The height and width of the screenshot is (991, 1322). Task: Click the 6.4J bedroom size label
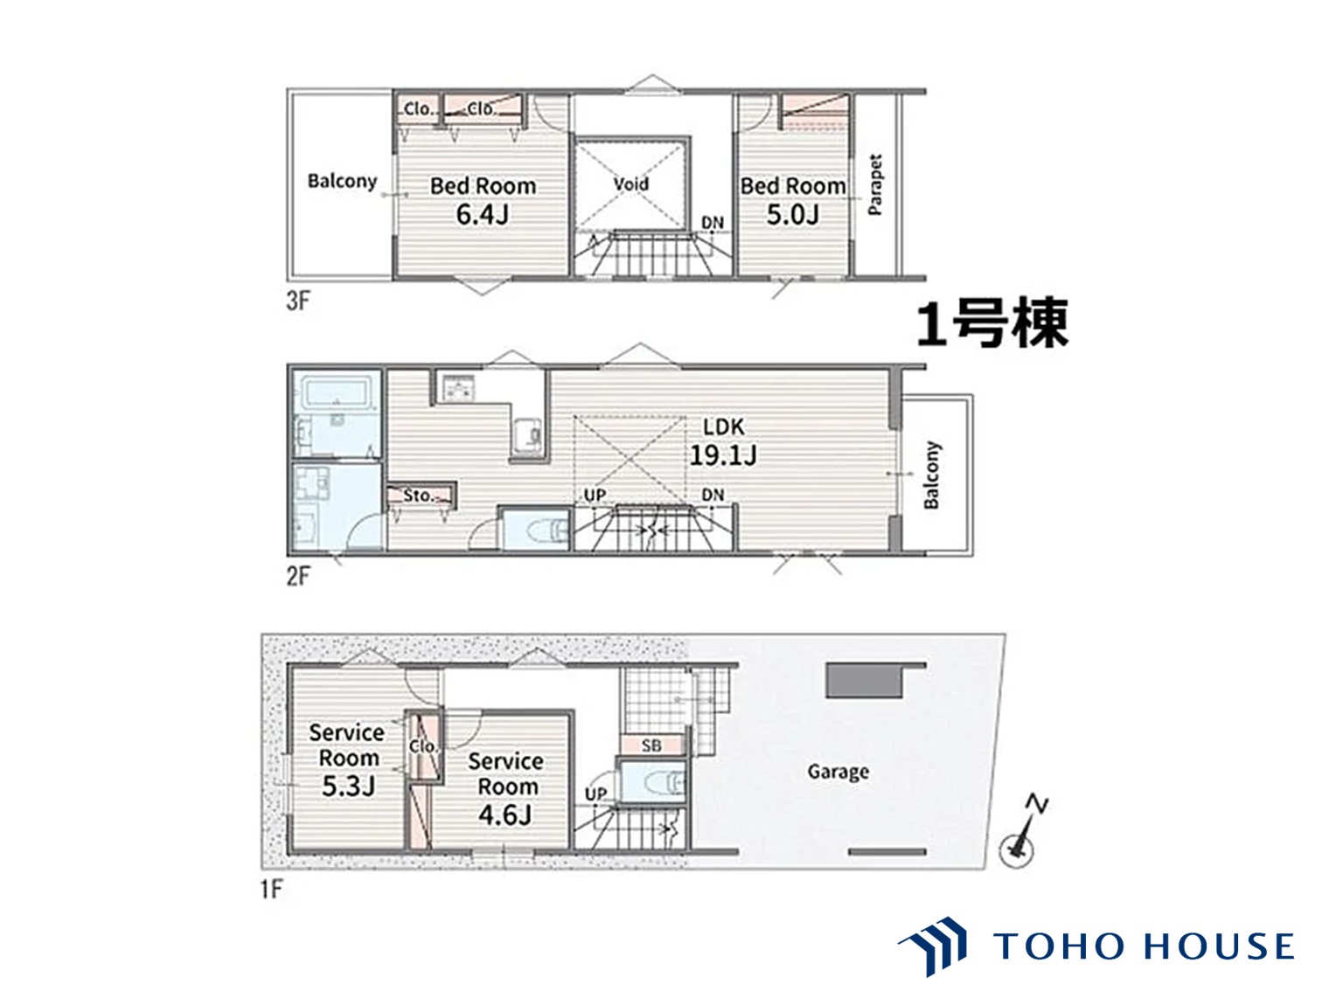(482, 214)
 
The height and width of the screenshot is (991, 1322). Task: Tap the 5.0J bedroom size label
(792, 214)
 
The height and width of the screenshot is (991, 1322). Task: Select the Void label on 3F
(630, 184)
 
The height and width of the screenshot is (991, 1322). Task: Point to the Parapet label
(875, 185)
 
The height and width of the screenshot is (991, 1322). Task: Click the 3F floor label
(298, 301)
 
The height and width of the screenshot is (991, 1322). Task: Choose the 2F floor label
(298, 576)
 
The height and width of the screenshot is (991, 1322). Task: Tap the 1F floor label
(272, 889)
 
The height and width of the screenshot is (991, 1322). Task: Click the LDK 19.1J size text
(723, 454)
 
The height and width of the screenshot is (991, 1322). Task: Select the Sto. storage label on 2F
(418, 495)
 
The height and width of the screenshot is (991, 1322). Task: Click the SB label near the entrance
(651, 745)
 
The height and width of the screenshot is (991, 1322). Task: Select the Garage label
(838, 772)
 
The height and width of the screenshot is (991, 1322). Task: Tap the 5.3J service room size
(348, 786)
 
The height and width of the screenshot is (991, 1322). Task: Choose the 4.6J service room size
(504, 814)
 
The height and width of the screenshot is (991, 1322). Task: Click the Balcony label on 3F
(342, 181)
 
